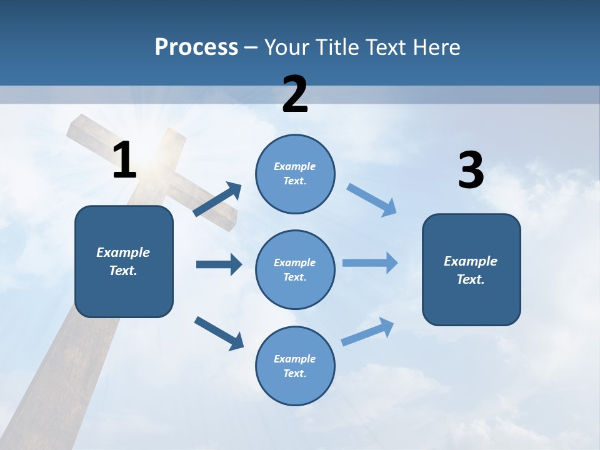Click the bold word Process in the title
coord(196,47)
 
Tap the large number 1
coord(124,160)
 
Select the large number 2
coord(295,94)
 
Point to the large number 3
coord(471,171)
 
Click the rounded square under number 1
coord(124,261)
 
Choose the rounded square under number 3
coord(471,269)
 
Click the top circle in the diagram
coord(295,174)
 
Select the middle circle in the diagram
coord(295,269)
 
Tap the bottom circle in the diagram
coord(295,366)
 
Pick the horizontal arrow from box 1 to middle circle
coord(219,264)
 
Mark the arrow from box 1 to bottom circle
coord(219,332)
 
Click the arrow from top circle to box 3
coord(371,199)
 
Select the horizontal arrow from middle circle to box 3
coord(370,262)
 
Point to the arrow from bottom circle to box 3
coord(367,331)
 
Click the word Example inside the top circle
coord(294,167)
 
